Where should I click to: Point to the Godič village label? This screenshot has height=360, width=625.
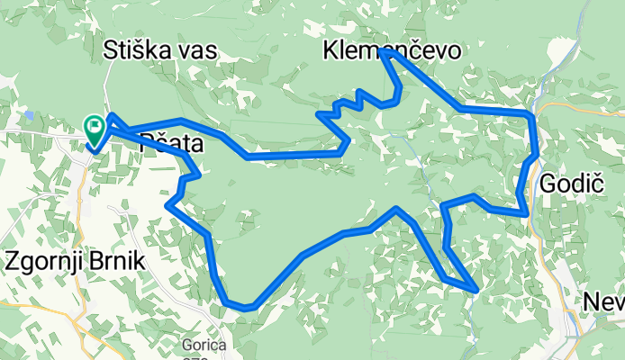(571, 184)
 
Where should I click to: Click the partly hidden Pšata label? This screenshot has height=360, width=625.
(171, 142)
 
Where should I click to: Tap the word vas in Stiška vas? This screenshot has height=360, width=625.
(197, 50)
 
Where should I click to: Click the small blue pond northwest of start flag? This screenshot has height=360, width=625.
(30, 114)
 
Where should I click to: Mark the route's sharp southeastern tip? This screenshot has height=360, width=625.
(475, 290)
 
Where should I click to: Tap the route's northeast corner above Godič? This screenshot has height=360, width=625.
(532, 114)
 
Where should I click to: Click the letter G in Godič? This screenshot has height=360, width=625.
(548, 184)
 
